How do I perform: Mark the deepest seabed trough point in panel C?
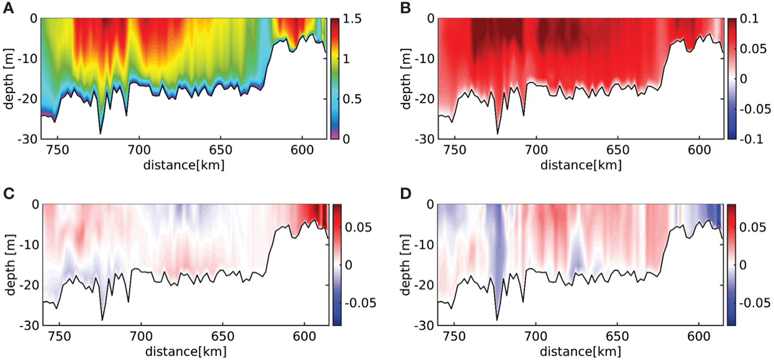102,320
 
